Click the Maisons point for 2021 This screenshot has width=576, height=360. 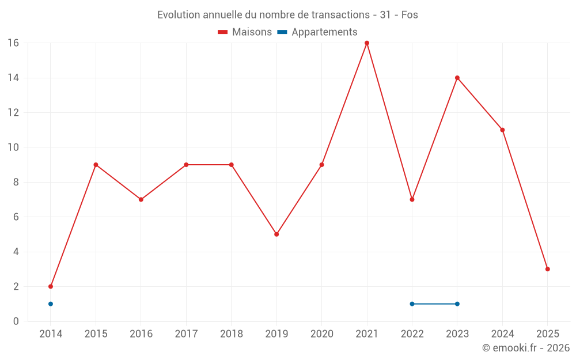(367, 43)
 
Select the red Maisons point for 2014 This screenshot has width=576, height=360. (51, 286)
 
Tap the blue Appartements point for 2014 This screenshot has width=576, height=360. (51, 304)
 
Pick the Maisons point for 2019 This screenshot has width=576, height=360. (276, 234)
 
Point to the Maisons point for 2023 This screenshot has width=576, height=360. (457, 78)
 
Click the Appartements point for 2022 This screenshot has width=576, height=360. (412, 304)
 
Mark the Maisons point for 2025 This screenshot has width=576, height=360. (548, 269)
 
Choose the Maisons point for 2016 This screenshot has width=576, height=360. (141, 199)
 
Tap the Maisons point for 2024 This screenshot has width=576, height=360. (502, 130)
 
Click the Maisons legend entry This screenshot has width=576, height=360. (245, 32)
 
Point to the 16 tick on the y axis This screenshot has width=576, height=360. (13, 43)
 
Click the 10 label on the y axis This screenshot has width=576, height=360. (13, 147)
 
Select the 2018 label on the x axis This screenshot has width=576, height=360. (232, 334)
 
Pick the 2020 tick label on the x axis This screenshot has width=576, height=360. (321, 334)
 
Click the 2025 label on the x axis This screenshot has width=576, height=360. (548, 334)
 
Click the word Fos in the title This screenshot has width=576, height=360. (410, 15)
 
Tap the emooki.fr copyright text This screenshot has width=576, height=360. (526, 348)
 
